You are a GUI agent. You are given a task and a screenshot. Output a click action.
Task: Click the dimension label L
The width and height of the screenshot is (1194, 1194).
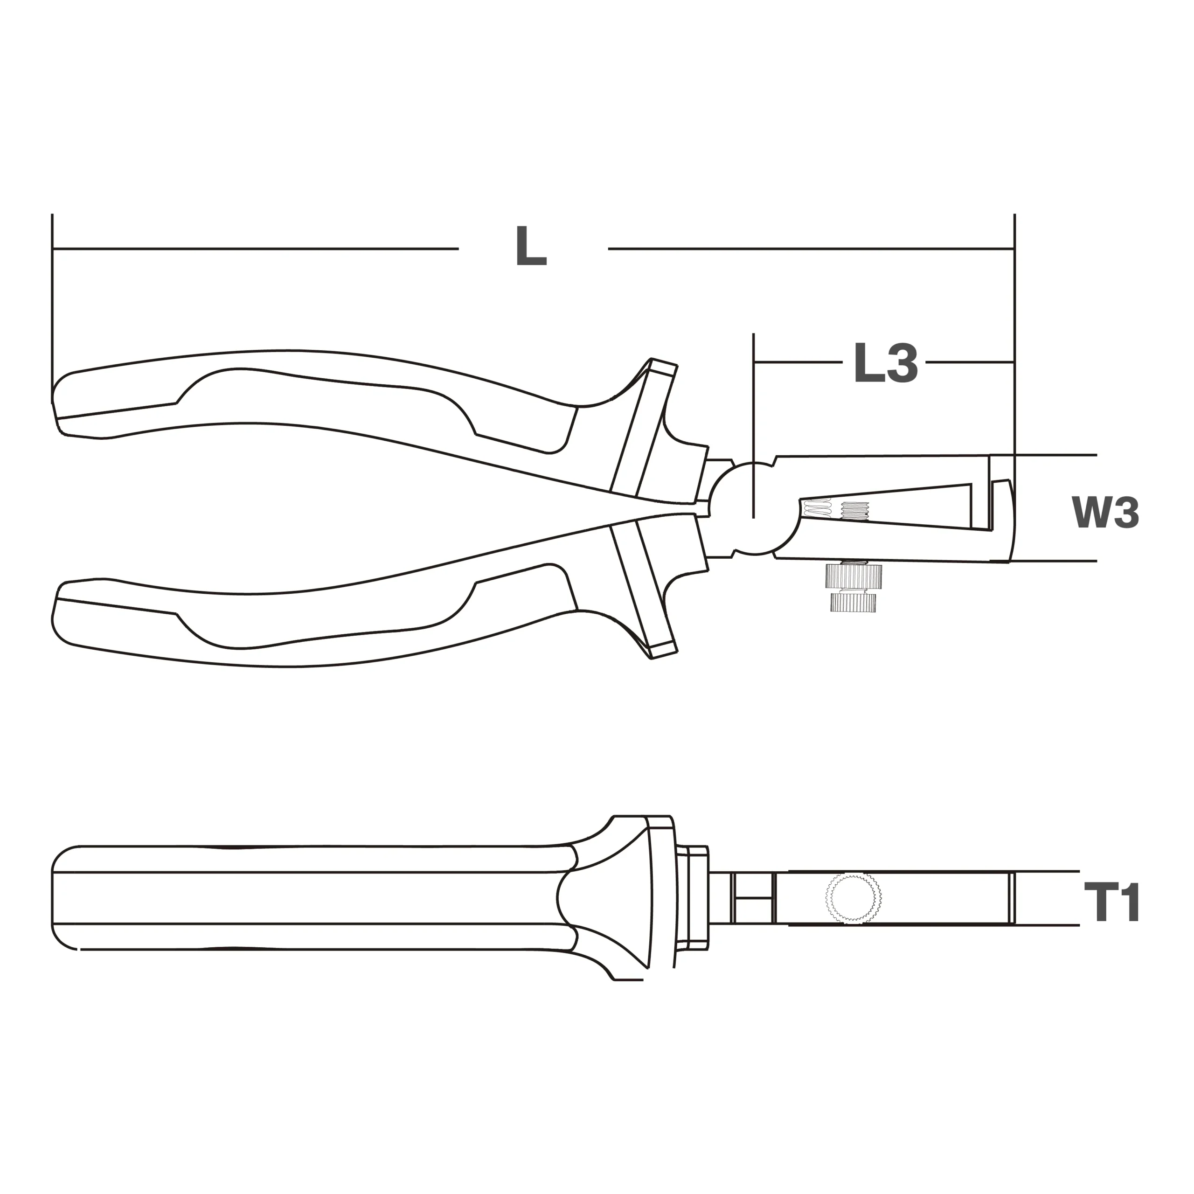coord(532,247)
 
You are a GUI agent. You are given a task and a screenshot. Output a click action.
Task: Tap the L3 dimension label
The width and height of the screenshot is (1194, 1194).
coord(886,363)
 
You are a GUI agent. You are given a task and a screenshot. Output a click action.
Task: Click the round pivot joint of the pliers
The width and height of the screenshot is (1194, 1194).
coord(753,507)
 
